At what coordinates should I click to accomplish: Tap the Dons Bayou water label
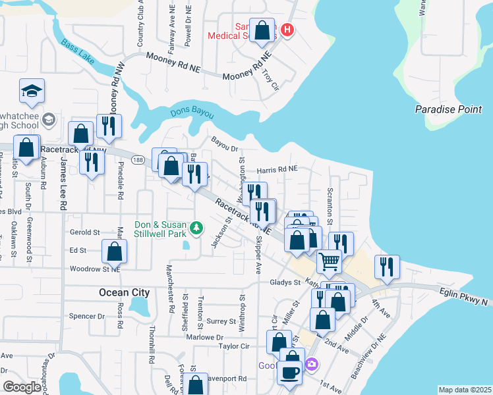point(192,113)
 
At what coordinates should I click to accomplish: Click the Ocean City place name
point(124,292)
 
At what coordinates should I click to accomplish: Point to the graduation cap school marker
point(32,92)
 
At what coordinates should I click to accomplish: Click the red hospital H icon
point(287,30)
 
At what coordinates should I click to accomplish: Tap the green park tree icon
point(196,228)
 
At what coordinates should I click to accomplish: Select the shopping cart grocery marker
point(330,261)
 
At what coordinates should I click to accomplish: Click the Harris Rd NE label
point(277,169)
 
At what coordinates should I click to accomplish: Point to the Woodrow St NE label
point(95,269)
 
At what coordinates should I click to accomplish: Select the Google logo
point(22,387)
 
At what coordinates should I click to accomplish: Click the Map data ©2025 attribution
point(465,390)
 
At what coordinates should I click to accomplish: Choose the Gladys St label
point(285,282)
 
